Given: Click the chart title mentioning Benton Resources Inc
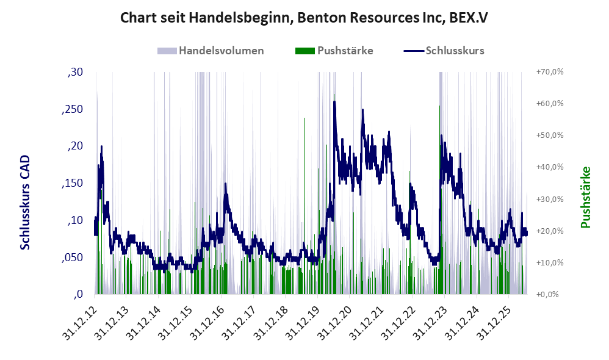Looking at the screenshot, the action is click(304, 18).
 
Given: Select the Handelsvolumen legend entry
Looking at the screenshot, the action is click(211, 51).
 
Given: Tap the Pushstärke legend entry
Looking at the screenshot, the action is click(334, 51).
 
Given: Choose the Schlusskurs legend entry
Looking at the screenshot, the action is click(444, 51).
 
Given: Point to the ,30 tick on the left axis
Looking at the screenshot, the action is click(75, 72).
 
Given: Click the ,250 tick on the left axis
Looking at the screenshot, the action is click(73, 109).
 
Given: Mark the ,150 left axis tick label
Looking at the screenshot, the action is click(73, 183).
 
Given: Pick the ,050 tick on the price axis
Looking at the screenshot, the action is click(73, 257).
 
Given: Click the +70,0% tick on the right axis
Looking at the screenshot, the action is click(550, 72).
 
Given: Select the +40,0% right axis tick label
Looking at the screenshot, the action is click(550, 167).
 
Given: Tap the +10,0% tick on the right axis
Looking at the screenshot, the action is click(550, 262).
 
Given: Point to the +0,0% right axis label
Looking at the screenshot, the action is click(547, 294).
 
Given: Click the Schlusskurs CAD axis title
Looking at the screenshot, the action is click(25, 203).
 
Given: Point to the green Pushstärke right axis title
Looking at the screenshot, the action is click(585, 197).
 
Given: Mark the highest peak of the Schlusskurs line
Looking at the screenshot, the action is click(334, 102).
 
